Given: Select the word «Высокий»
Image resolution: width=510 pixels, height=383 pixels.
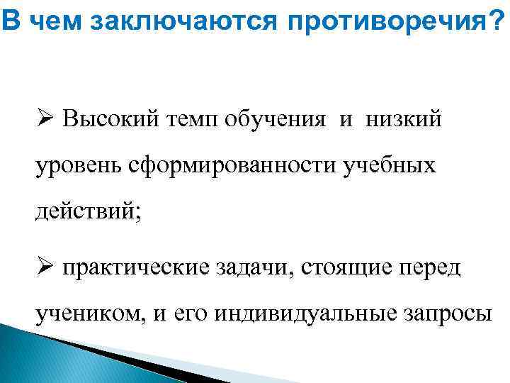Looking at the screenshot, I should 106,118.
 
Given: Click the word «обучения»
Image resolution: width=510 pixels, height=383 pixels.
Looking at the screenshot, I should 278,119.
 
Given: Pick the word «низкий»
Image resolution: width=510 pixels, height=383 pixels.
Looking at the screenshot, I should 403,118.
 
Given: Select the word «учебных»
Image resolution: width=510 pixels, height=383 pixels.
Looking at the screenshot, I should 389,167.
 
